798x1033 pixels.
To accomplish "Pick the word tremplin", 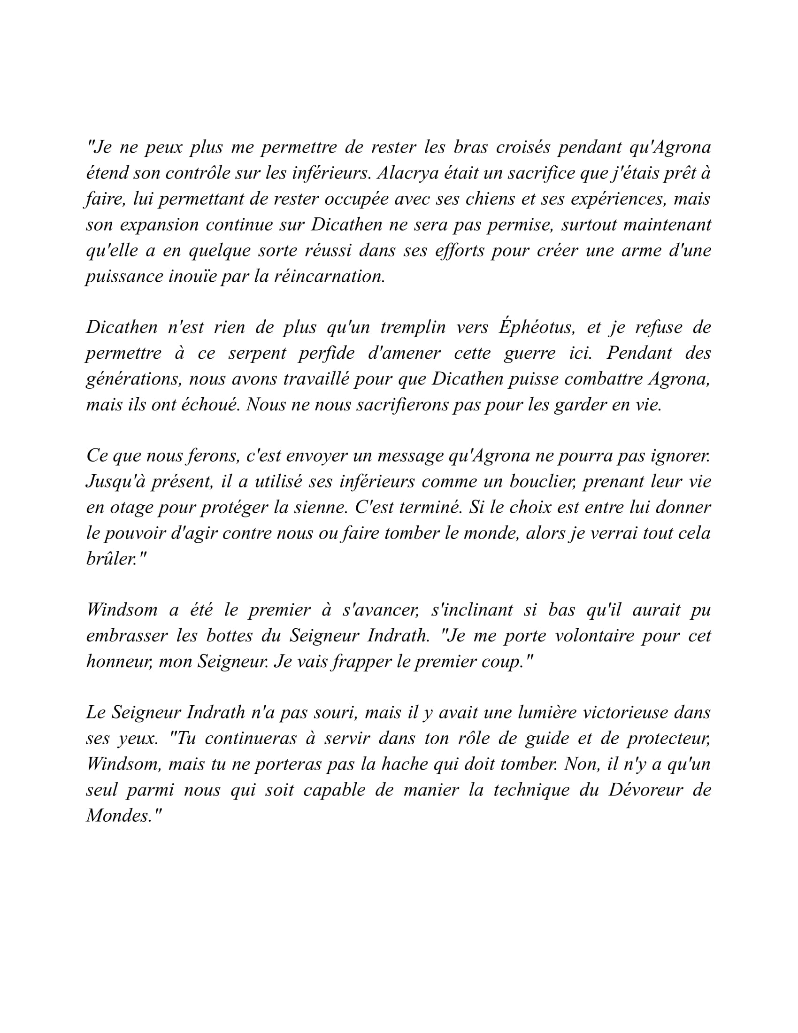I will (413, 327).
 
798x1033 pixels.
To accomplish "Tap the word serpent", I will (257, 353).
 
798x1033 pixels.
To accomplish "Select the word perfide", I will (326, 353).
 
